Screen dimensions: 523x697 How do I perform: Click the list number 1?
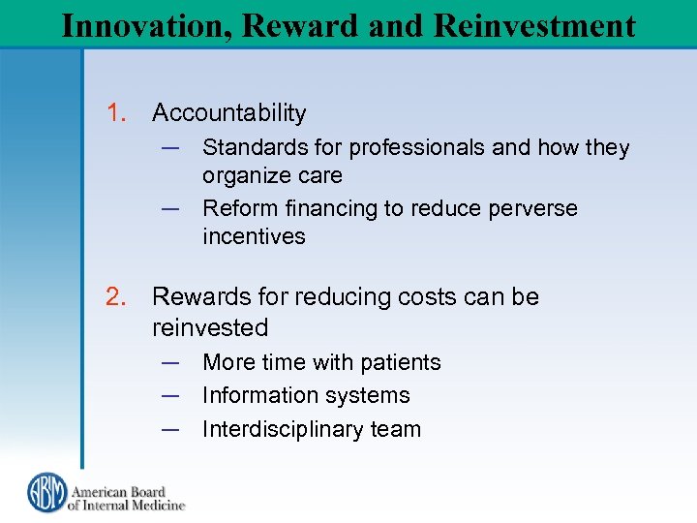(x=117, y=113)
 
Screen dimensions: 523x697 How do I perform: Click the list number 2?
(x=117, y=296)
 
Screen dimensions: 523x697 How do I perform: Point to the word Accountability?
(x=228, y=113)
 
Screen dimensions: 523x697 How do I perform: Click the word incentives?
(x=254, y=236)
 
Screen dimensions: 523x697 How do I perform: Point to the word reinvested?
(x=209, y=327)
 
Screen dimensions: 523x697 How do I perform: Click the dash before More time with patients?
(x=170, y=362)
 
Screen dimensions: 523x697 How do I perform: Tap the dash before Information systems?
(x=170, y=395)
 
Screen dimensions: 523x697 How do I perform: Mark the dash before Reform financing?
(x=170, y=208)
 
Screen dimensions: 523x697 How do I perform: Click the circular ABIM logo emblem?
(x=45, y=492)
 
